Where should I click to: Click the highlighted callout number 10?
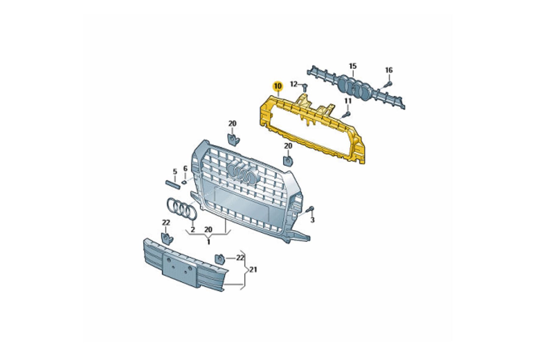277,86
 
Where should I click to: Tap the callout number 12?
293,84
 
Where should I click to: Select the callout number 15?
352,66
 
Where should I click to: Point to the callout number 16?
388,70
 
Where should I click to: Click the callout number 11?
348,101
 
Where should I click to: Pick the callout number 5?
175,172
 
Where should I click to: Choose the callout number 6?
185,169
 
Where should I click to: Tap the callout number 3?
312,220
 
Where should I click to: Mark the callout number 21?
253,270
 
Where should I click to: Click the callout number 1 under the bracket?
208,241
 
